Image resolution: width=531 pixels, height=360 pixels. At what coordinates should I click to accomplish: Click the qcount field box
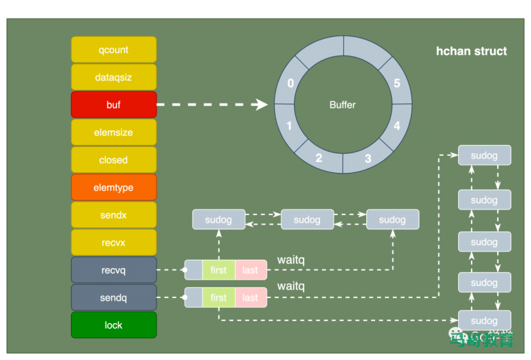pyautogui.click(x=114, y=50)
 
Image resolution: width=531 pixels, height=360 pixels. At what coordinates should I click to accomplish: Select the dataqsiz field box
pyautogui.click(x=114, y=78)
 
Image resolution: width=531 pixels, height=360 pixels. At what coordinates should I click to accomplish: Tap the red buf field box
pyautogui.click(x=114, y=105)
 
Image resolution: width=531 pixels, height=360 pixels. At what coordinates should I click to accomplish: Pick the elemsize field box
pyautogui.click(x=114, y=133)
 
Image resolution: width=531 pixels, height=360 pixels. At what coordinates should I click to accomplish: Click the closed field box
pyautogui.click(x=114, y=160)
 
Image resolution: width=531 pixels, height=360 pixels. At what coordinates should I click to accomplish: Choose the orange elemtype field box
pyautogui.click(x=114, y=187)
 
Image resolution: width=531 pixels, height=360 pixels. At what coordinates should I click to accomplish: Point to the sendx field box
pyautogui.click(x=114, y=215)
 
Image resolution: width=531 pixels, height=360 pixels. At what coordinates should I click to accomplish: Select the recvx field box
pyautogui.click(x=114, y=242)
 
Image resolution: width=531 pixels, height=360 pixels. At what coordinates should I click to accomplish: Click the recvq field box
pyautogui.click(x=114, y=270)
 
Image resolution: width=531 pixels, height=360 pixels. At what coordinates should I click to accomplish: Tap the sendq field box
pyautogui.click(x=114, y=297)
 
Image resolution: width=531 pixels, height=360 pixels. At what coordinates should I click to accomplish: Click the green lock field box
pyautogui.click(x=114, y=325)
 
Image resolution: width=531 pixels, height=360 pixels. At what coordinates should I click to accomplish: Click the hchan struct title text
pyautogui.click(x=471, y=51)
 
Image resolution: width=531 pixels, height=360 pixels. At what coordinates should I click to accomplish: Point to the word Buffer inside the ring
pyautogui.click(x=342, y=105)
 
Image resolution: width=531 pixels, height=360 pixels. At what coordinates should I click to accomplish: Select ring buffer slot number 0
pyautogui.click(x=291, y=83)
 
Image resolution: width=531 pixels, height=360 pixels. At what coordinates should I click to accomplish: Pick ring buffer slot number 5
pyautogui.click(x=397, y=83)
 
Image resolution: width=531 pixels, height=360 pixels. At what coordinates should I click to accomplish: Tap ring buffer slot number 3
pyautogui.click(x=368, y=159)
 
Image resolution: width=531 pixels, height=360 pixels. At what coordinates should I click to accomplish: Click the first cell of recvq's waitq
pyautogui.click(x=219, y=270)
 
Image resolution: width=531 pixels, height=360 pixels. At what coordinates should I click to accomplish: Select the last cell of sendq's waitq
pyautogui.click(x=250, y=297)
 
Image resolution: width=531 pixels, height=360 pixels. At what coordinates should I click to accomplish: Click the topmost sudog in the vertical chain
pyautogui.click(x=484, y=155)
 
